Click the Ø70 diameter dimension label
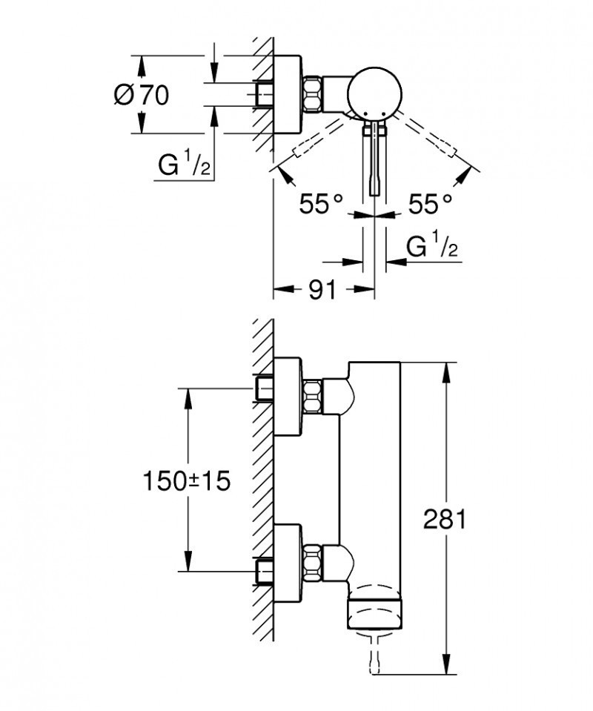click(x=142, y=95)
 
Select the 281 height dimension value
click(x=444, y=519)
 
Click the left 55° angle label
click(x=320, y=203)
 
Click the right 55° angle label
click(x=431, y=203)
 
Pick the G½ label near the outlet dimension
click(x=433, y=248)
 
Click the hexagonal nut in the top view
click(x=313, y=93)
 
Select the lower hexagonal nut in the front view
click(x=313, y=560)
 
